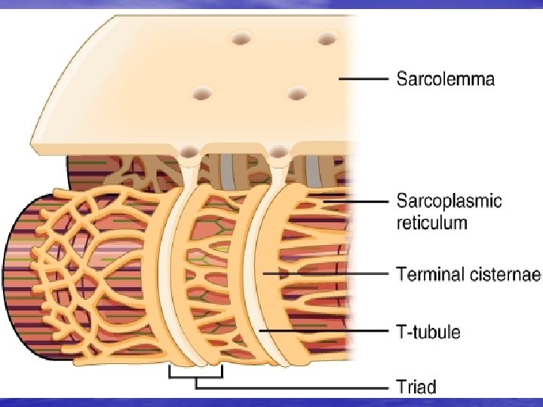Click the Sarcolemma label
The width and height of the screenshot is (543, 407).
[x=446, y=78]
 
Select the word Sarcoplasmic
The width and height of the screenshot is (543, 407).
[x=449, y=201]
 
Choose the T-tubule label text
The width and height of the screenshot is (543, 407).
[x=428, y=332]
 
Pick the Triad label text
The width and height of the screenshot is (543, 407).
[x=416, y=387]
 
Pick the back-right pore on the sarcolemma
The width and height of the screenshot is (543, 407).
[x=327, y=38]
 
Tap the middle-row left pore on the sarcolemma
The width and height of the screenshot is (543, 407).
[x=202, y=93]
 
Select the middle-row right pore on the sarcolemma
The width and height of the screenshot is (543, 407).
[x=296, y=93]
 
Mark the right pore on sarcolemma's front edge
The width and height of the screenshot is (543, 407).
[x=279, y=154]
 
